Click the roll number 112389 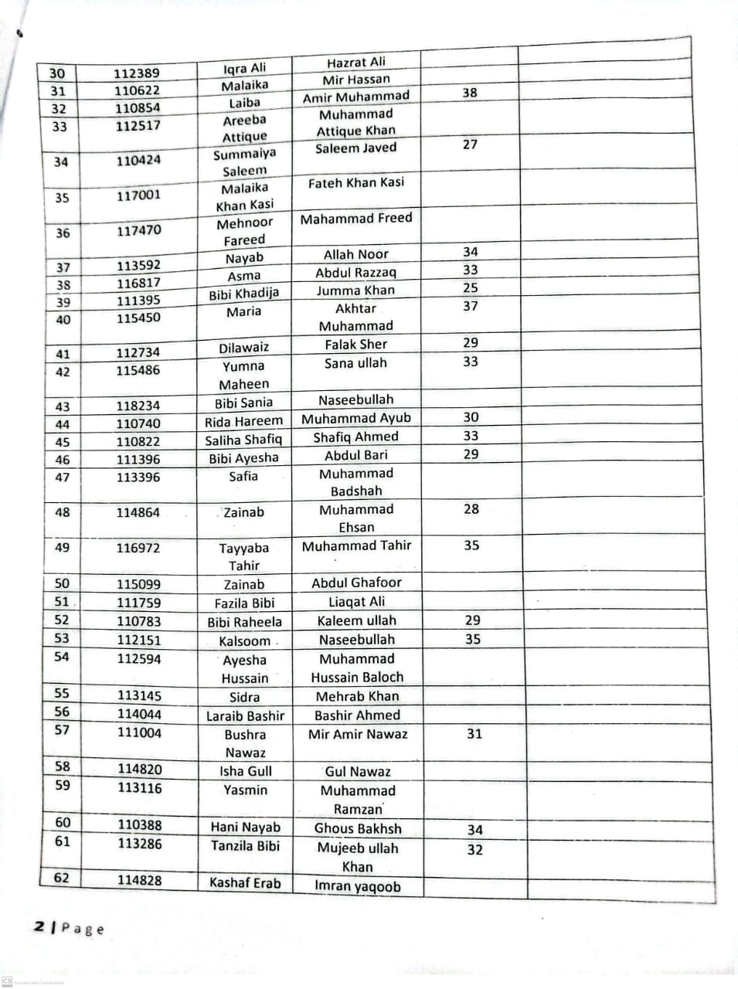pyautogui.click(x=137, y=73)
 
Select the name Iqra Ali pyautogui.click(x=244, y=68)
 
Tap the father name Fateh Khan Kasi pyautogui.click(x=356, y=183)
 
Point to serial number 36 pyautogui.click(x=63, y=233)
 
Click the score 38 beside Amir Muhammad pyautogui.click(x=470, y=93)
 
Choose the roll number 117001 pyautogui.click(x=139, y=195)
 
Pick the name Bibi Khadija pyautogui.click(x=244, y=294)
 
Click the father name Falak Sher pyautogui.click(x=356, y=345)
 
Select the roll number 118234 pyautogui.click(x=139, y=405)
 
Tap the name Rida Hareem pyautogui.click(x=244, y=422)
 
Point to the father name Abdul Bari pyautogui.click(x=356, y=455)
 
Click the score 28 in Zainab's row pyautogui.click(x=471, y=509)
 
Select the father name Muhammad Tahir pyautogui.click(x=357, y=545)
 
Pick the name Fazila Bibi pyautogui.click(x=245, y=603)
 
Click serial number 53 pyautogui.click(x=62, y=638)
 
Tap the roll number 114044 pyautogui.click(x=140, y=714)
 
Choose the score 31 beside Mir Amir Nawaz pyautogui.click(x=474, y=734)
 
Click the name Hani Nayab pyautogui.click(x=246, y=827)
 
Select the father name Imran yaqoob pyautogui.click(x=358, y=886)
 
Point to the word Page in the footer pyautogui.click(x=83, y=929)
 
